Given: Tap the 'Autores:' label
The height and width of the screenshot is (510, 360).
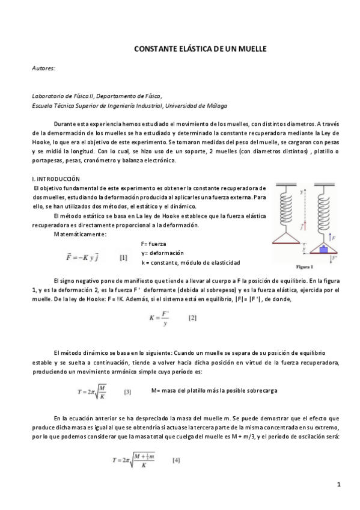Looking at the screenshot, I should coord(43,69).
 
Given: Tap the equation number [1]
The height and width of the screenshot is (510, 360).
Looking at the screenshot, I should coord(123,257).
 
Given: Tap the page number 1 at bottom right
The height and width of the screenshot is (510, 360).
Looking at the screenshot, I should coord(338,484).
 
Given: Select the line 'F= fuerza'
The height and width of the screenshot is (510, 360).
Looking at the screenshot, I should coord(154,244).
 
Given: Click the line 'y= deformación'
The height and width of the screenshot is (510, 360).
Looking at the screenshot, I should coord(162,253).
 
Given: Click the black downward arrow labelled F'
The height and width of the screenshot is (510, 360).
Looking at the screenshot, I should coord(330,259).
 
